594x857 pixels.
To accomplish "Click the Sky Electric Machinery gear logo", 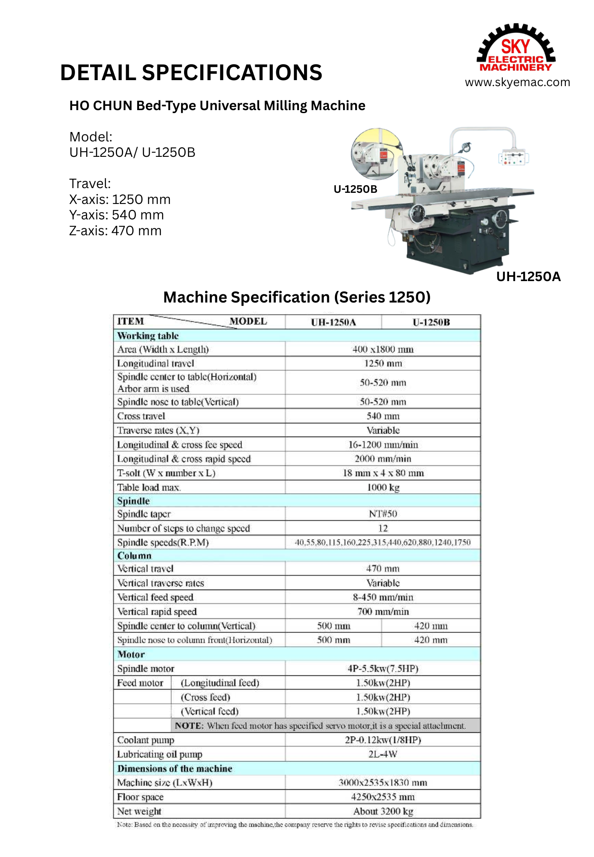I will [516, 48].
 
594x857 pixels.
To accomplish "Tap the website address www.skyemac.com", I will [517, 82].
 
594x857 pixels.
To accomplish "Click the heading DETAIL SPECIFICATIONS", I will [191, 72].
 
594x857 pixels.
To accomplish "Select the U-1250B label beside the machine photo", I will [355, 189].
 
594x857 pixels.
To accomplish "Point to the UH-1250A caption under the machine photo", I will [528, 276].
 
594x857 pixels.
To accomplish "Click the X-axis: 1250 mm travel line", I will [120, 199].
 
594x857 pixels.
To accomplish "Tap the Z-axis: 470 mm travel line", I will [115, 231].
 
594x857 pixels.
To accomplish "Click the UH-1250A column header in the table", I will [333, 322].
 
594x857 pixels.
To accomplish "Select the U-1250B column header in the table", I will [431, 322].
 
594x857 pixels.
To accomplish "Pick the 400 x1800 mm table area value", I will [383, 349].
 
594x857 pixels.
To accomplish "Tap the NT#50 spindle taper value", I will [383, 514].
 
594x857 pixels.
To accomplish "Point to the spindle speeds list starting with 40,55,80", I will [383, 542].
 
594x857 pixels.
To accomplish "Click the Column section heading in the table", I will [134, 556].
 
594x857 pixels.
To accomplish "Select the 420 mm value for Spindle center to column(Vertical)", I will [431, 626].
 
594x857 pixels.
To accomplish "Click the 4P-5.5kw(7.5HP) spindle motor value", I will [383, 668].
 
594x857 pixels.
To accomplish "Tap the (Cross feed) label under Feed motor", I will [205, 697].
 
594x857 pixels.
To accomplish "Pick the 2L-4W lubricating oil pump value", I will [383, 754].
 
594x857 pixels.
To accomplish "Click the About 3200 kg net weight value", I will [383, 811].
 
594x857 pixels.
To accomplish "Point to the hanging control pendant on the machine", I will [513, 158].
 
